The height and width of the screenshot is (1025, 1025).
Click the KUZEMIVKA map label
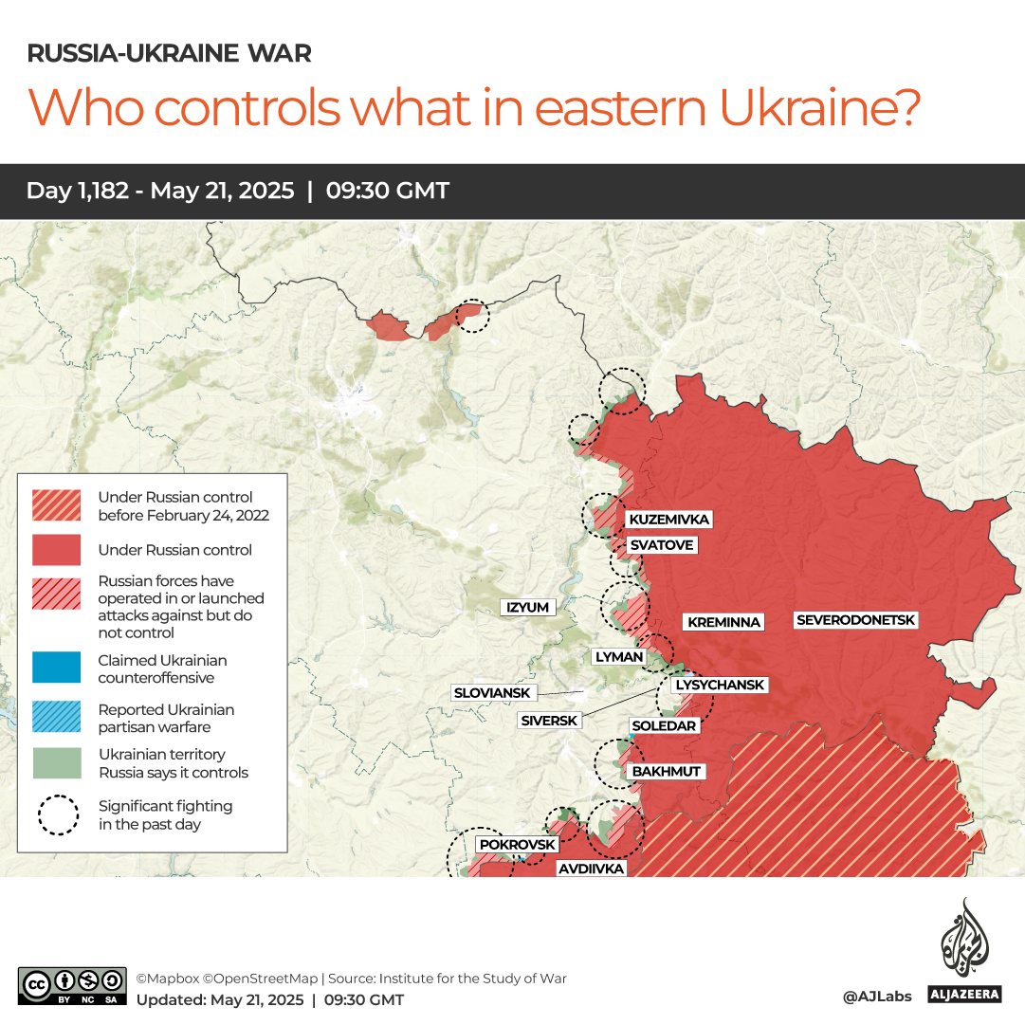668,520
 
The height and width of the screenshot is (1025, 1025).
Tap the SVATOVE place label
661,545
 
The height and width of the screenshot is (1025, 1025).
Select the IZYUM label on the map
528,607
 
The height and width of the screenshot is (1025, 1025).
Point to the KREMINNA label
723,622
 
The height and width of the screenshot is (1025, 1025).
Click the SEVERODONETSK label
856,620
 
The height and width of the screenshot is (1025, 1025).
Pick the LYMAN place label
618,656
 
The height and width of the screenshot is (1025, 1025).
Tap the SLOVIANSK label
492,693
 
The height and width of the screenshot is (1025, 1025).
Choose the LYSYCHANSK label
719,685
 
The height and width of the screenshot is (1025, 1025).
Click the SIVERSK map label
549,721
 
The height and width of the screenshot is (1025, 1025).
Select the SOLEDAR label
664,725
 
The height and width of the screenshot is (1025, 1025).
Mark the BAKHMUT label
666,771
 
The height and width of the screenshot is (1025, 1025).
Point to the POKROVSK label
517,844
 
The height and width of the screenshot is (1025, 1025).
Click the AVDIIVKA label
590,868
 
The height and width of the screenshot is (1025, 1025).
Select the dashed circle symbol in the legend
59,815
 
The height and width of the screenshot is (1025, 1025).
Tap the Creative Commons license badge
72,985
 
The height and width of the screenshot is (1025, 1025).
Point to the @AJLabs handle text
876,996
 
